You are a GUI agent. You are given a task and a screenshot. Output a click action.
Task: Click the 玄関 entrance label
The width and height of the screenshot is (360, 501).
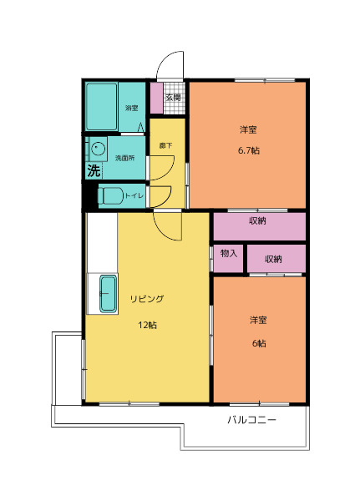click(173, 97)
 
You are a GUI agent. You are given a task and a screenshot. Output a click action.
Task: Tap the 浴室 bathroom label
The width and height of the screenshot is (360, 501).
click(132, 108)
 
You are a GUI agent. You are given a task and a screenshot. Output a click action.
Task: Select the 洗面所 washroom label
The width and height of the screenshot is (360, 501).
click(124, 158)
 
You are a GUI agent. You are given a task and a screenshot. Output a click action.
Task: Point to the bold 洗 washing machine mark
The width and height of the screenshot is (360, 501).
click(94, 170)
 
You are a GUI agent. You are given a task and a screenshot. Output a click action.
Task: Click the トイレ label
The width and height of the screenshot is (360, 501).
click(134, 195)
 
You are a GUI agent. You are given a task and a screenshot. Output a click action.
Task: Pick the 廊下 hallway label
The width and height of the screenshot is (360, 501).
click(165, 145)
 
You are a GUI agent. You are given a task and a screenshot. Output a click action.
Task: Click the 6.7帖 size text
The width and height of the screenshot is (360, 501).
click(249, 150)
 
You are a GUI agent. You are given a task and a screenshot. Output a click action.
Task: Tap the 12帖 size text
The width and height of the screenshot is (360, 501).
click(147, 325)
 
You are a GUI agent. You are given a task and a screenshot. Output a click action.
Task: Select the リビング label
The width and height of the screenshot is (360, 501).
click(147, 299)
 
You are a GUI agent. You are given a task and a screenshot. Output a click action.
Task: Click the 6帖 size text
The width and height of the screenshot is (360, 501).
click(259, 343)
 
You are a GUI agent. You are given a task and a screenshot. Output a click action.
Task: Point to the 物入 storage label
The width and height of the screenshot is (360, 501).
click(229, 253)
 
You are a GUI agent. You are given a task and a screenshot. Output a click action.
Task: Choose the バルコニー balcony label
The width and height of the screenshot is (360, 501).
click(251, 419)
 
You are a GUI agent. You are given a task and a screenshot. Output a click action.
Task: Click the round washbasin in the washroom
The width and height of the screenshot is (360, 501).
click(98, 149)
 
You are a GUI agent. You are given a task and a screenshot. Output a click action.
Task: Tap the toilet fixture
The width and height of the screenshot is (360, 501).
click(111, 195)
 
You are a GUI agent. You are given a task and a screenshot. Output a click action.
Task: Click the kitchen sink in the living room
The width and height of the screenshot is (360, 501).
click(109, 294)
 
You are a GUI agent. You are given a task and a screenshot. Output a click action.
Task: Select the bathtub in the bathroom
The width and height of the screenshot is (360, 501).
click(101, 107)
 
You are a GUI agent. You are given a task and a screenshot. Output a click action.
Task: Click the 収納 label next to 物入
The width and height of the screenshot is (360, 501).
click(273, 259)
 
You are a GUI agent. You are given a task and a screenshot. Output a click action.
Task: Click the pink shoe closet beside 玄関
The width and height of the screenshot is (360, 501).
click(157, 98)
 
